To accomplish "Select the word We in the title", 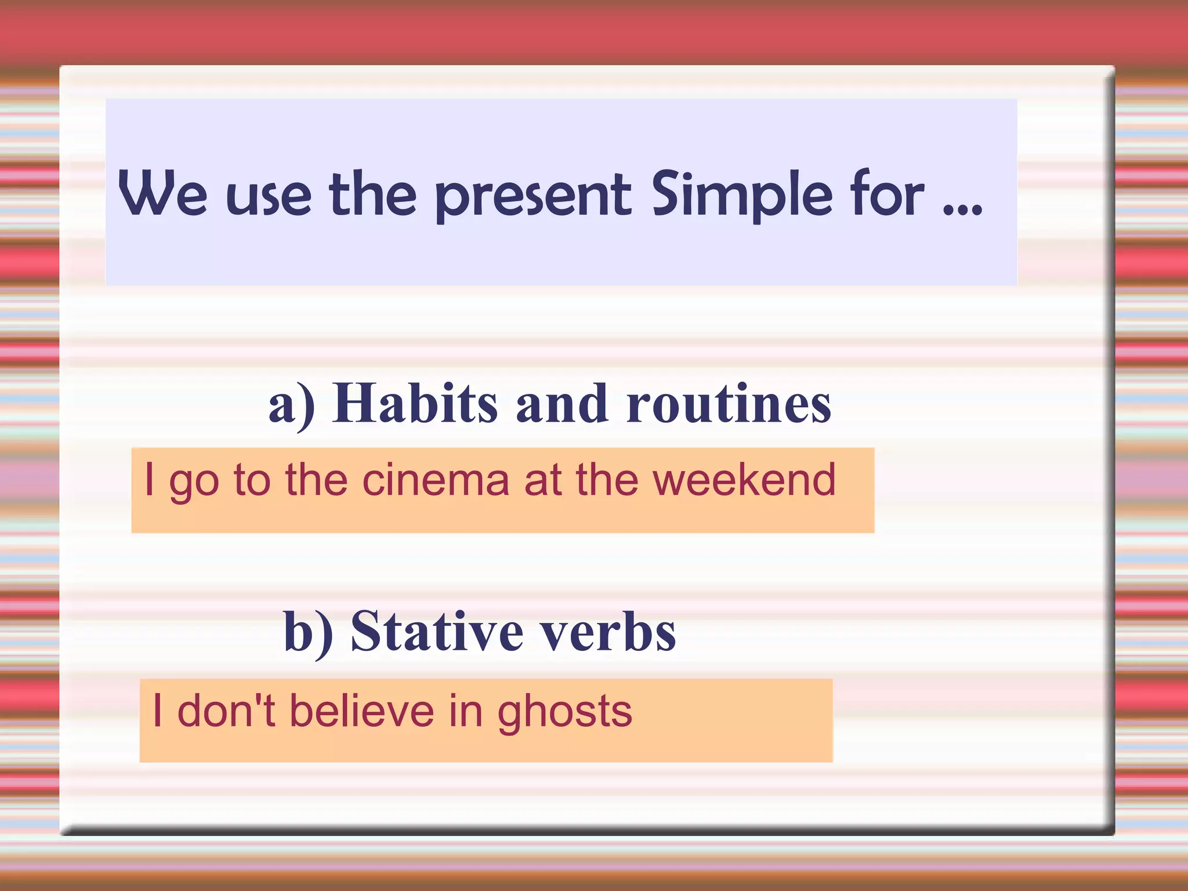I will (162, 194).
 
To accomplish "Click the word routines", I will (728, 404).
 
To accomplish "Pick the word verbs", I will (609, 632).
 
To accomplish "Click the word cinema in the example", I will (435, 480).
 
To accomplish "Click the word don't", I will (226, 711).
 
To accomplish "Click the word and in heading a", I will (562, 404).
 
